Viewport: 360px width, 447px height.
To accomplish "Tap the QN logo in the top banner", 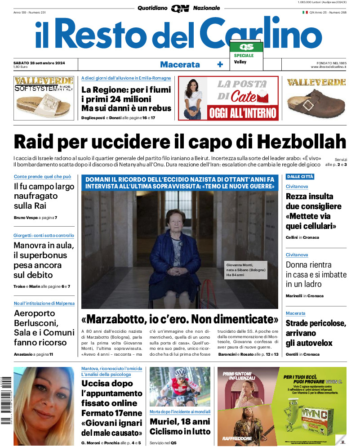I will pos(180,8).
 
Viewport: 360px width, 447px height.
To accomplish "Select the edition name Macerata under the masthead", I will pos(180,64).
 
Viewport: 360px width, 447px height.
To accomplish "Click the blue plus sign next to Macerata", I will pos(220,64).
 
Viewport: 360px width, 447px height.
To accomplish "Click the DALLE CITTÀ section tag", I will pos(300,176).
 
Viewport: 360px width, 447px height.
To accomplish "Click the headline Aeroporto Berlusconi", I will pos(44,328).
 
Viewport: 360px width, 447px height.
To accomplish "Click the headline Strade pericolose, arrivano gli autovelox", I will pos(316,333).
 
